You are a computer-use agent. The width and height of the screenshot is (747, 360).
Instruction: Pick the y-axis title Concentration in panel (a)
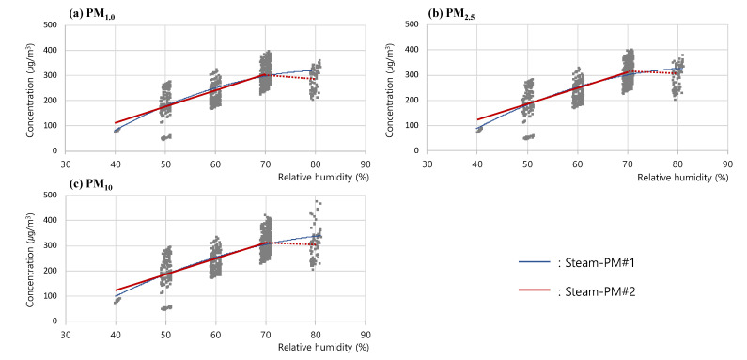click(32, 87)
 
